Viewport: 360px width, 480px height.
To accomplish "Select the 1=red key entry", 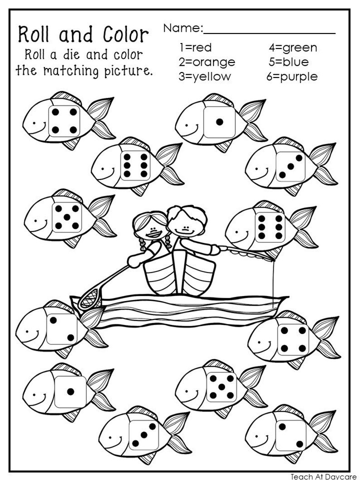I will pos(195,47).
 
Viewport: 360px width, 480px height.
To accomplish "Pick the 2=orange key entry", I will pos(207,62).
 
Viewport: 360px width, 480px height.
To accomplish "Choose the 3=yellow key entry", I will pos(204,77).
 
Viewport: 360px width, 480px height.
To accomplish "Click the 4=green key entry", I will pos(292,47).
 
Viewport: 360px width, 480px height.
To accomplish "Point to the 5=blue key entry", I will pos(288,62).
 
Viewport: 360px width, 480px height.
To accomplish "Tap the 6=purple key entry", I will pos(292,77).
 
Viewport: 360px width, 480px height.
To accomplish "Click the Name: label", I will pos(183,28).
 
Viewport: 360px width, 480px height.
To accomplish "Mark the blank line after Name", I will pos(269,33).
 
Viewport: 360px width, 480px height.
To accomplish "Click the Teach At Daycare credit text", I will pos(323,476).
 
